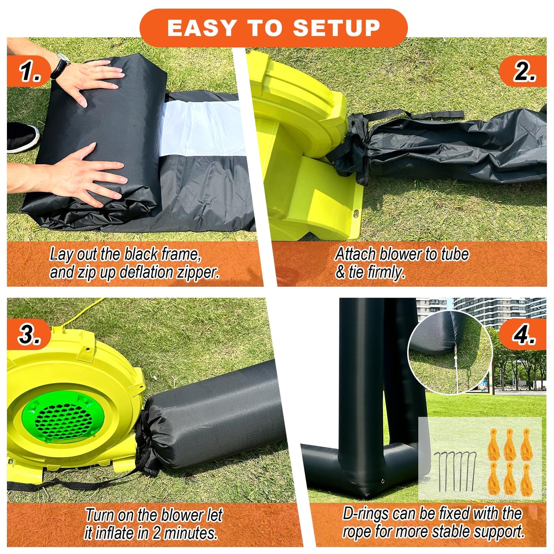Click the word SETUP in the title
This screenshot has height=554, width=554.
[336, 28]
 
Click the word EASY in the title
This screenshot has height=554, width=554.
[202, 28]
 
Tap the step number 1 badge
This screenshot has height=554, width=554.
[30, 71]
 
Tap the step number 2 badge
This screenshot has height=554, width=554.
[524, 71]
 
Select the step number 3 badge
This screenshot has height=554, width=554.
[29, 334]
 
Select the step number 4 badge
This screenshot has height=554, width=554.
[524, 334]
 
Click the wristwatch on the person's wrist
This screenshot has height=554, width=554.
[61, 64]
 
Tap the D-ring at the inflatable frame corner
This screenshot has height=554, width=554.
[382, 482]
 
